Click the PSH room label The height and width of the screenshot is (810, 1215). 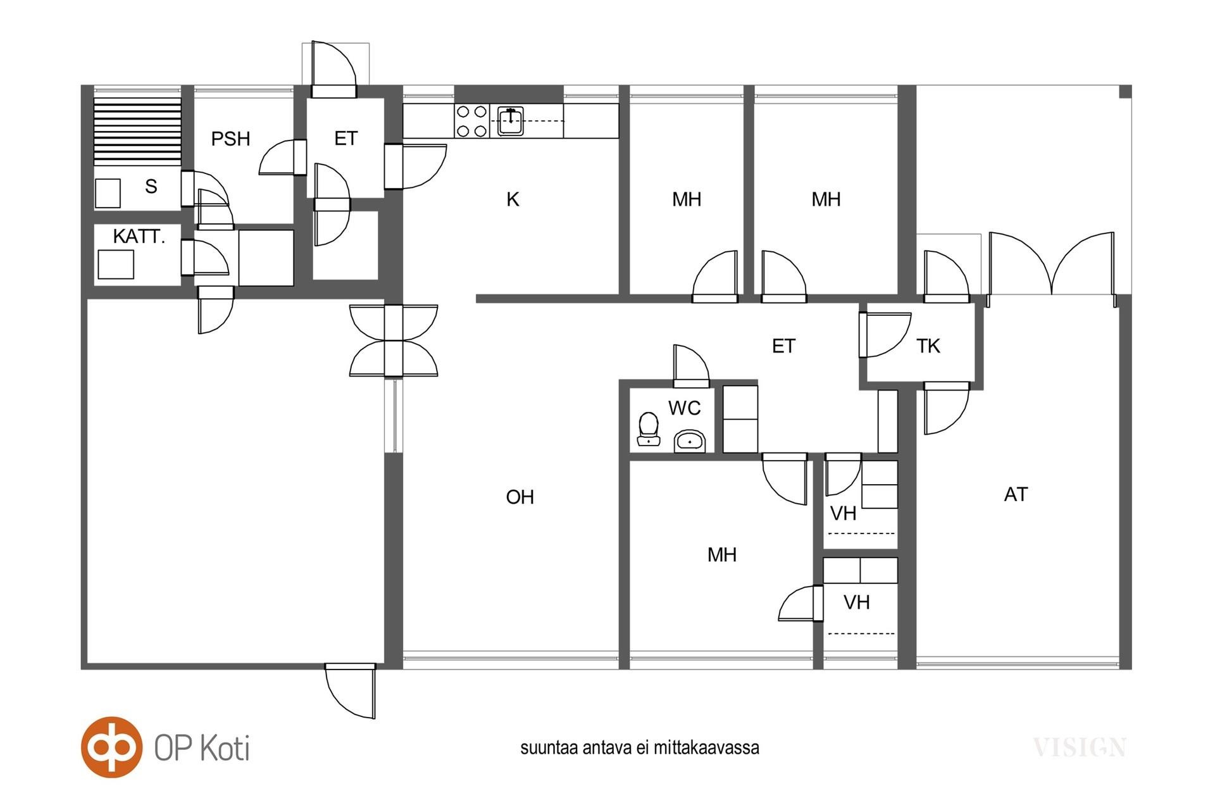pos(230,139)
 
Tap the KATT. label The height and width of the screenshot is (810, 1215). pos(139,237)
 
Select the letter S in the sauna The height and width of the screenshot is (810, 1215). pos(151,186)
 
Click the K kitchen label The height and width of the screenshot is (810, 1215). pos(513,199)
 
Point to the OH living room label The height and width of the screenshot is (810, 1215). pos(520,497)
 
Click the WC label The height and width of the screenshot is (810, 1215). pos(684,408)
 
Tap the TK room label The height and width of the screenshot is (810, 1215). pos(928,346)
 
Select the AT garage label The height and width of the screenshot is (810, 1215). pos(1016,494)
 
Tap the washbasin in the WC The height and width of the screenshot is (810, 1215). pos(690,440)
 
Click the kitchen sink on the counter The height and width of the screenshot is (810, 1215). pos(511,121)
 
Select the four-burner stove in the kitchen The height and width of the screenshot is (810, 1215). pos(472,121)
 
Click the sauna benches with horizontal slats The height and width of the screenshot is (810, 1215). pos(137,131)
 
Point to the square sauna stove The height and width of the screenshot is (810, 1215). pos(108,193)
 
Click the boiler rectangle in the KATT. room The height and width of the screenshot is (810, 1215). pos(116,265)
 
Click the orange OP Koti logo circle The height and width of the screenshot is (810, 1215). pos(111,747)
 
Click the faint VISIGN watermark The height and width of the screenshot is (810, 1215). pos(1080,748)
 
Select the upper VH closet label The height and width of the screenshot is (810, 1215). pos(843,513)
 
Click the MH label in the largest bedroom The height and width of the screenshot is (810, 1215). pos(722,555)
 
